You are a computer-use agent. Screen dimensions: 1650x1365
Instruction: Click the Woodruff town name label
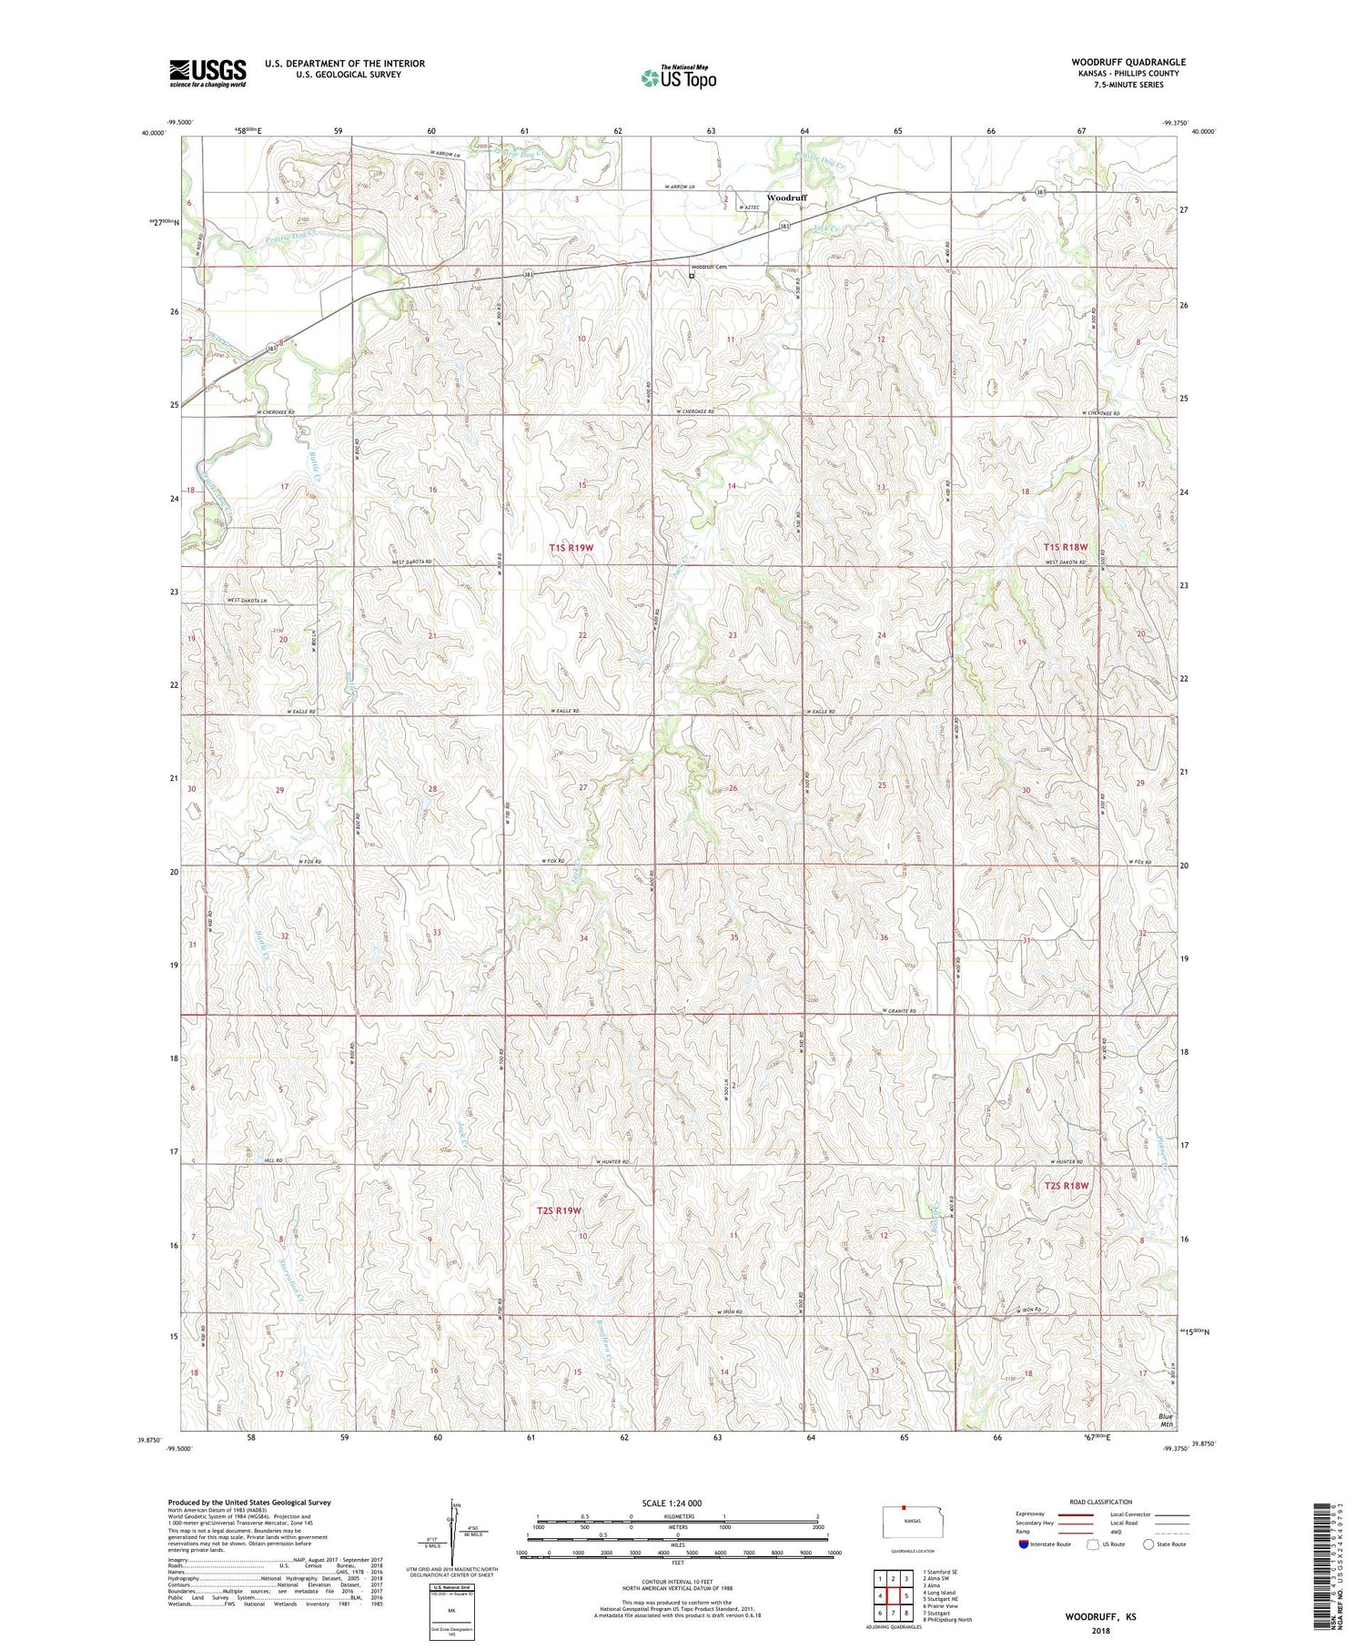(786, 197)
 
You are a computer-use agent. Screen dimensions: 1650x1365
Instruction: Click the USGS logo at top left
(207, 73)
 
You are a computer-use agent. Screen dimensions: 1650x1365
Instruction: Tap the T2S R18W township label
(1066, 1186)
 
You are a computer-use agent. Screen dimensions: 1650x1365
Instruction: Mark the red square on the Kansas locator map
(903, 1506)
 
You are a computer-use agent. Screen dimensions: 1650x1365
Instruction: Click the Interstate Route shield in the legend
(1024, 1544)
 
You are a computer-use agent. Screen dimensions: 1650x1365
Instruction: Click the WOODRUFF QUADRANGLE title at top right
(1127, 62)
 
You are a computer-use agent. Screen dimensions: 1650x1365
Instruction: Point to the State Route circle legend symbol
(1149, 1544)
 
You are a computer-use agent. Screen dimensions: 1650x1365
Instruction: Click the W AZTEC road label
(749, 208)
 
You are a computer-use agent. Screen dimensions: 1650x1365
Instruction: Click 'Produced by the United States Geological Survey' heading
(248, 1503)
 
